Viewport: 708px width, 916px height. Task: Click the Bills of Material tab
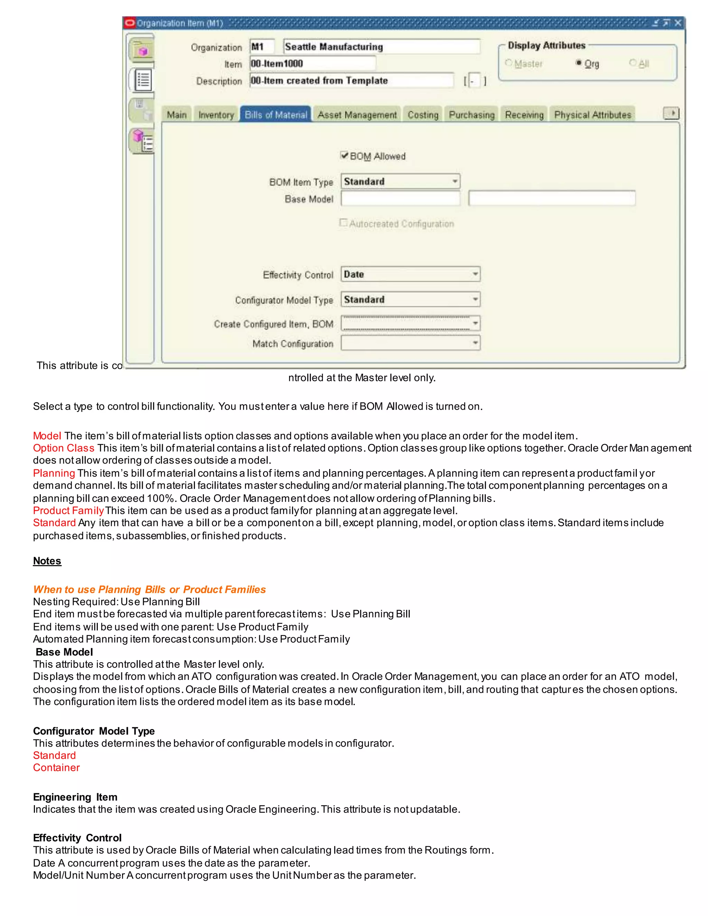276,114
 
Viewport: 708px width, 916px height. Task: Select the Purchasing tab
472,114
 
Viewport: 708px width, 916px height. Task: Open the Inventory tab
216,114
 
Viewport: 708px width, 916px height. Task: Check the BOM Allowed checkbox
344,156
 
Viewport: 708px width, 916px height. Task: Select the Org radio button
579,63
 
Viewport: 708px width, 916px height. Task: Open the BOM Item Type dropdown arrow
455,181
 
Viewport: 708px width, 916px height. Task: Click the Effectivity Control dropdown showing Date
410,274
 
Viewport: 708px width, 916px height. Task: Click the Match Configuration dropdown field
410,343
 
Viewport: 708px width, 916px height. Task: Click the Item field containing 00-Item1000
313,63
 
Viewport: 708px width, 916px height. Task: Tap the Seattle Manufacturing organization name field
381,47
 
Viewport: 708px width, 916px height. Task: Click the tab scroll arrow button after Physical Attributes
671,113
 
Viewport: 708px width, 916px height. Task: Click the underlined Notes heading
47,561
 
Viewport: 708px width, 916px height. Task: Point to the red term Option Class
63,448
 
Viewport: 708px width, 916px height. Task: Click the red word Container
56,767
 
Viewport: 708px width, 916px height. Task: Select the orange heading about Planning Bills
149,589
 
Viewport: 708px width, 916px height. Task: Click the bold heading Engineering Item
75,797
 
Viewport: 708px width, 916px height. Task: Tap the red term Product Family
68,511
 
